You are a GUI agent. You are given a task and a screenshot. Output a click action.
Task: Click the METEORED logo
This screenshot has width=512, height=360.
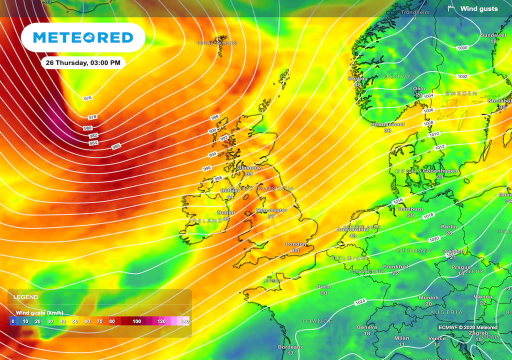(83, 37)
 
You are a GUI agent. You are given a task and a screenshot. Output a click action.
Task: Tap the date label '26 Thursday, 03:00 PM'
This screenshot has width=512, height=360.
(82, 63)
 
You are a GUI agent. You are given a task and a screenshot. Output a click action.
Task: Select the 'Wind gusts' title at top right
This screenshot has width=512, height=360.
(478, 8)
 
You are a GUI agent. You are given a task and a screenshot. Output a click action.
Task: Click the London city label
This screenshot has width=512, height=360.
(295, 244)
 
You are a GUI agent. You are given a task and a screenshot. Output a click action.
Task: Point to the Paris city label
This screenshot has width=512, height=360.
(323, 287)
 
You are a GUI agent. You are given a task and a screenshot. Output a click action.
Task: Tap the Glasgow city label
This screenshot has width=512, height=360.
(248, 168)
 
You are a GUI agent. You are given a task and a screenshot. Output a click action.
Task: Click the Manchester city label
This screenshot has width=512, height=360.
(271, 210)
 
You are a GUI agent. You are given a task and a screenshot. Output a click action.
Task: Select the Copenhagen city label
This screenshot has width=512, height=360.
(440, 171)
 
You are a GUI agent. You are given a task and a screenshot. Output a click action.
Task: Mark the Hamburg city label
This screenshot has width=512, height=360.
(410, 209)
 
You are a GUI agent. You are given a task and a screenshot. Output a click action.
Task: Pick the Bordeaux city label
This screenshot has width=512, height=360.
(290, 347)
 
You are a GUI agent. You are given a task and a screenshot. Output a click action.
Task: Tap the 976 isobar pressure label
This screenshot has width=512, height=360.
(88, 98)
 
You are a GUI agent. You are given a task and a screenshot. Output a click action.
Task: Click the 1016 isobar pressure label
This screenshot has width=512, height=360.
(397, 201)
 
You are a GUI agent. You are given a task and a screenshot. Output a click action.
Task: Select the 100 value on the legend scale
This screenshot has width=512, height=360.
(136, 321)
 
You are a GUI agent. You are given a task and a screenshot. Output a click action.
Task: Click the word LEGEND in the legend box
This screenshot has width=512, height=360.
(25, 297)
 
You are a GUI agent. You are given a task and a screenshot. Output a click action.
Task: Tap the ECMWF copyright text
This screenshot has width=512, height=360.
(467, 327)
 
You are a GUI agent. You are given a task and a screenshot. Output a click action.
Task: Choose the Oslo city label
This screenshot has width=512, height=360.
(419, 89)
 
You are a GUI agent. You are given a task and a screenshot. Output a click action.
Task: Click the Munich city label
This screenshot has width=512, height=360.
(428, 298)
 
